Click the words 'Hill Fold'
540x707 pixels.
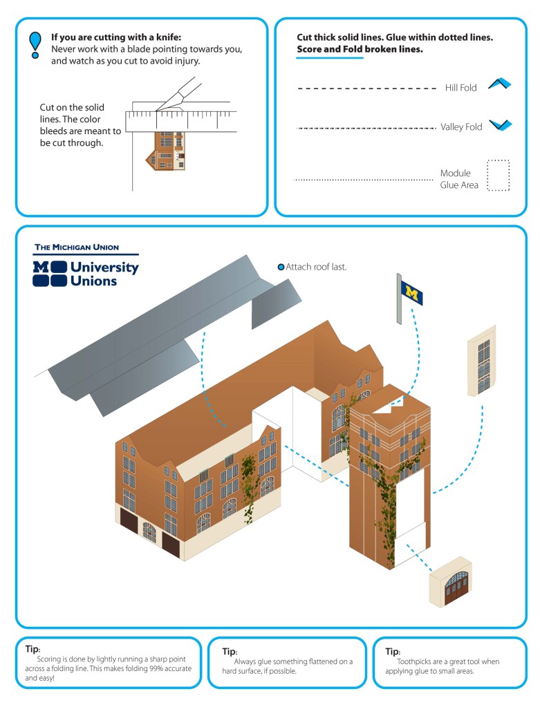coord(460,88)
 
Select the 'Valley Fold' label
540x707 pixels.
coord(461,126)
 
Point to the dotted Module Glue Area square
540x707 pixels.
coord(498,176)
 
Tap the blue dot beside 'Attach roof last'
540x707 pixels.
coord(281,267)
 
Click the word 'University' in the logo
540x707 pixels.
coord(104,267)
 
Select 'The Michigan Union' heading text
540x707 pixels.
coord(77,247)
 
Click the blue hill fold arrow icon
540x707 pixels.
coord(499,84)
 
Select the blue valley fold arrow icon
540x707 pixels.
coord(499,125)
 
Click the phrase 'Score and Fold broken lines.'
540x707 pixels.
coord(360,50)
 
